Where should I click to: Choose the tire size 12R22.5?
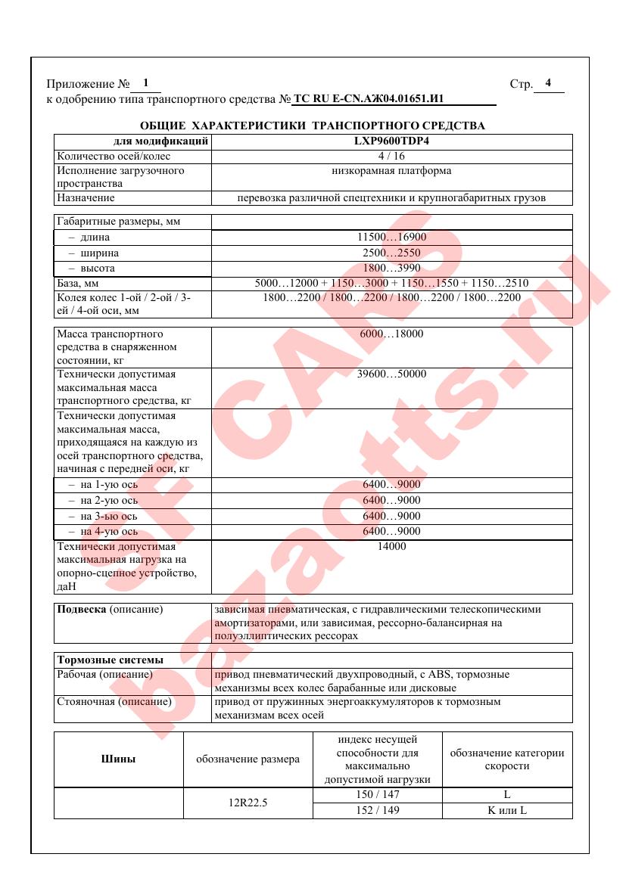pos(248,803)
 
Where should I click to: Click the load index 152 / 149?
pos(377,810)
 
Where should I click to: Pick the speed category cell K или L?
pos(506,810)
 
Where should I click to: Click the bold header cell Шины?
pos(118,759)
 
